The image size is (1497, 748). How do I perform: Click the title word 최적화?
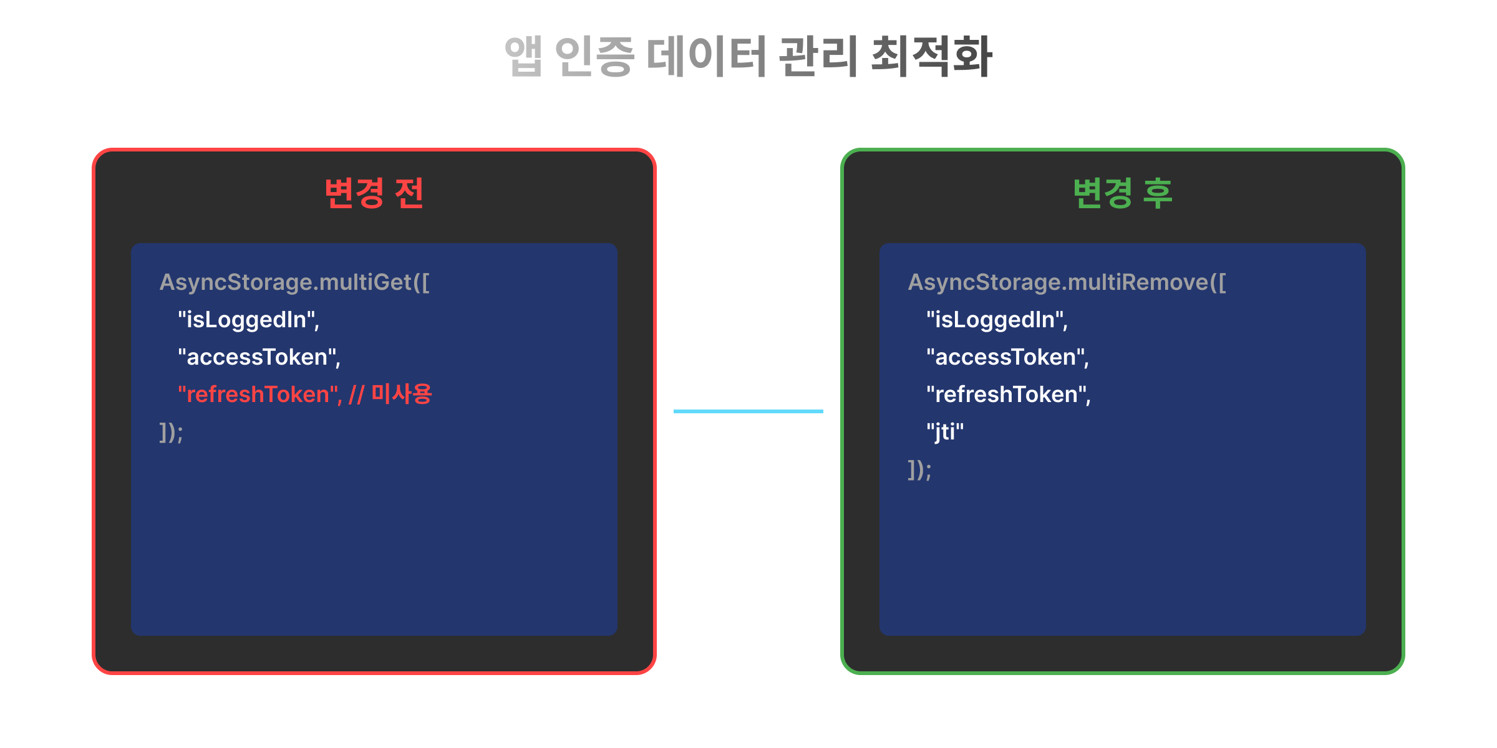coord(931,56)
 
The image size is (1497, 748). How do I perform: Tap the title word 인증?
coord(594,56)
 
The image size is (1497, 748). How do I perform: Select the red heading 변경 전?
coord(374,193)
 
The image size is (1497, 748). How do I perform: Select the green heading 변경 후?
coord(1123,193)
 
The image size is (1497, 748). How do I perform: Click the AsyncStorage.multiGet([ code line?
coord(294,282)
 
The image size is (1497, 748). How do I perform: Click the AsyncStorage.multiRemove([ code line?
coord(1067,282)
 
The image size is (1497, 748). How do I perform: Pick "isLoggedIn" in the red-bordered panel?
coord(248,320)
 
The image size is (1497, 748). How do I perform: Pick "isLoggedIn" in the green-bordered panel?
coord(997,320)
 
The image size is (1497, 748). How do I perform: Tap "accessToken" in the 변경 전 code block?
coord(259,357)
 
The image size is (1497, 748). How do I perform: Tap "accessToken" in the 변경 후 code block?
coord(1007,357)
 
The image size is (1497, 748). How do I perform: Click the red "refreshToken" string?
coord(259,395)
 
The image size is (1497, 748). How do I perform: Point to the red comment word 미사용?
coord(402,394)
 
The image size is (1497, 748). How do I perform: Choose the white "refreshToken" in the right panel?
coord(1008,395)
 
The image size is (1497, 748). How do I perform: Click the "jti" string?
coord(945,432)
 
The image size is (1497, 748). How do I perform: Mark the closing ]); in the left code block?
coord(171,433)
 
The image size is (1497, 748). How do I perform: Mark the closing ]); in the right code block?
coord(919,470)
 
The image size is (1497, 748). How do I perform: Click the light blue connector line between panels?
coord(748,411)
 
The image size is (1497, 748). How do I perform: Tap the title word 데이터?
coord(706,56)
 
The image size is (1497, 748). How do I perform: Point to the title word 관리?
coord(818,56)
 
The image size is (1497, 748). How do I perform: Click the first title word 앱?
coord(523,56)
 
